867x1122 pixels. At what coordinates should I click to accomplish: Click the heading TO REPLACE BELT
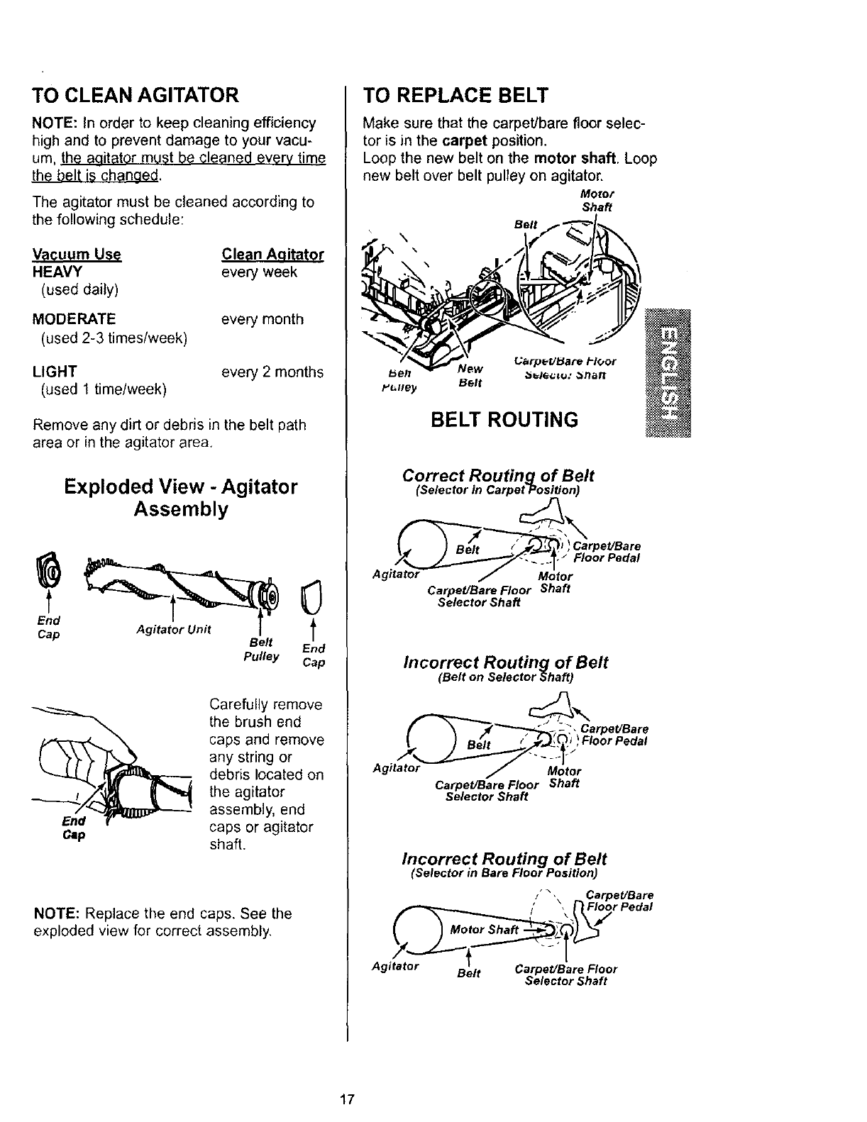pyautogui.click(x=455, y=94)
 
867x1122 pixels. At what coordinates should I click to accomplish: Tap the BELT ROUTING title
pyautogui.click(x=504, y=419)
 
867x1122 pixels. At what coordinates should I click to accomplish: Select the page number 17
pyautogui.click(x=346, y=1100)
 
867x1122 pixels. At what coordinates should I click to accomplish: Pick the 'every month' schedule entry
pyautogui.click(x=263, y=319)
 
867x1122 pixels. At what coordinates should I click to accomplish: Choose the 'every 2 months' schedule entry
pyautogui.click(x=272, y=372)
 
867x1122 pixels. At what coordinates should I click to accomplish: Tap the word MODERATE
pyautogui.click(x=74, y=319)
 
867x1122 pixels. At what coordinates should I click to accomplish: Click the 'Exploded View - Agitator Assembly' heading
pyautogui.click(x=181, y=498)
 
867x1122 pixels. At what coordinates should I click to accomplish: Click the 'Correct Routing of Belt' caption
pyautogui.click(x=498, y=476)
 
